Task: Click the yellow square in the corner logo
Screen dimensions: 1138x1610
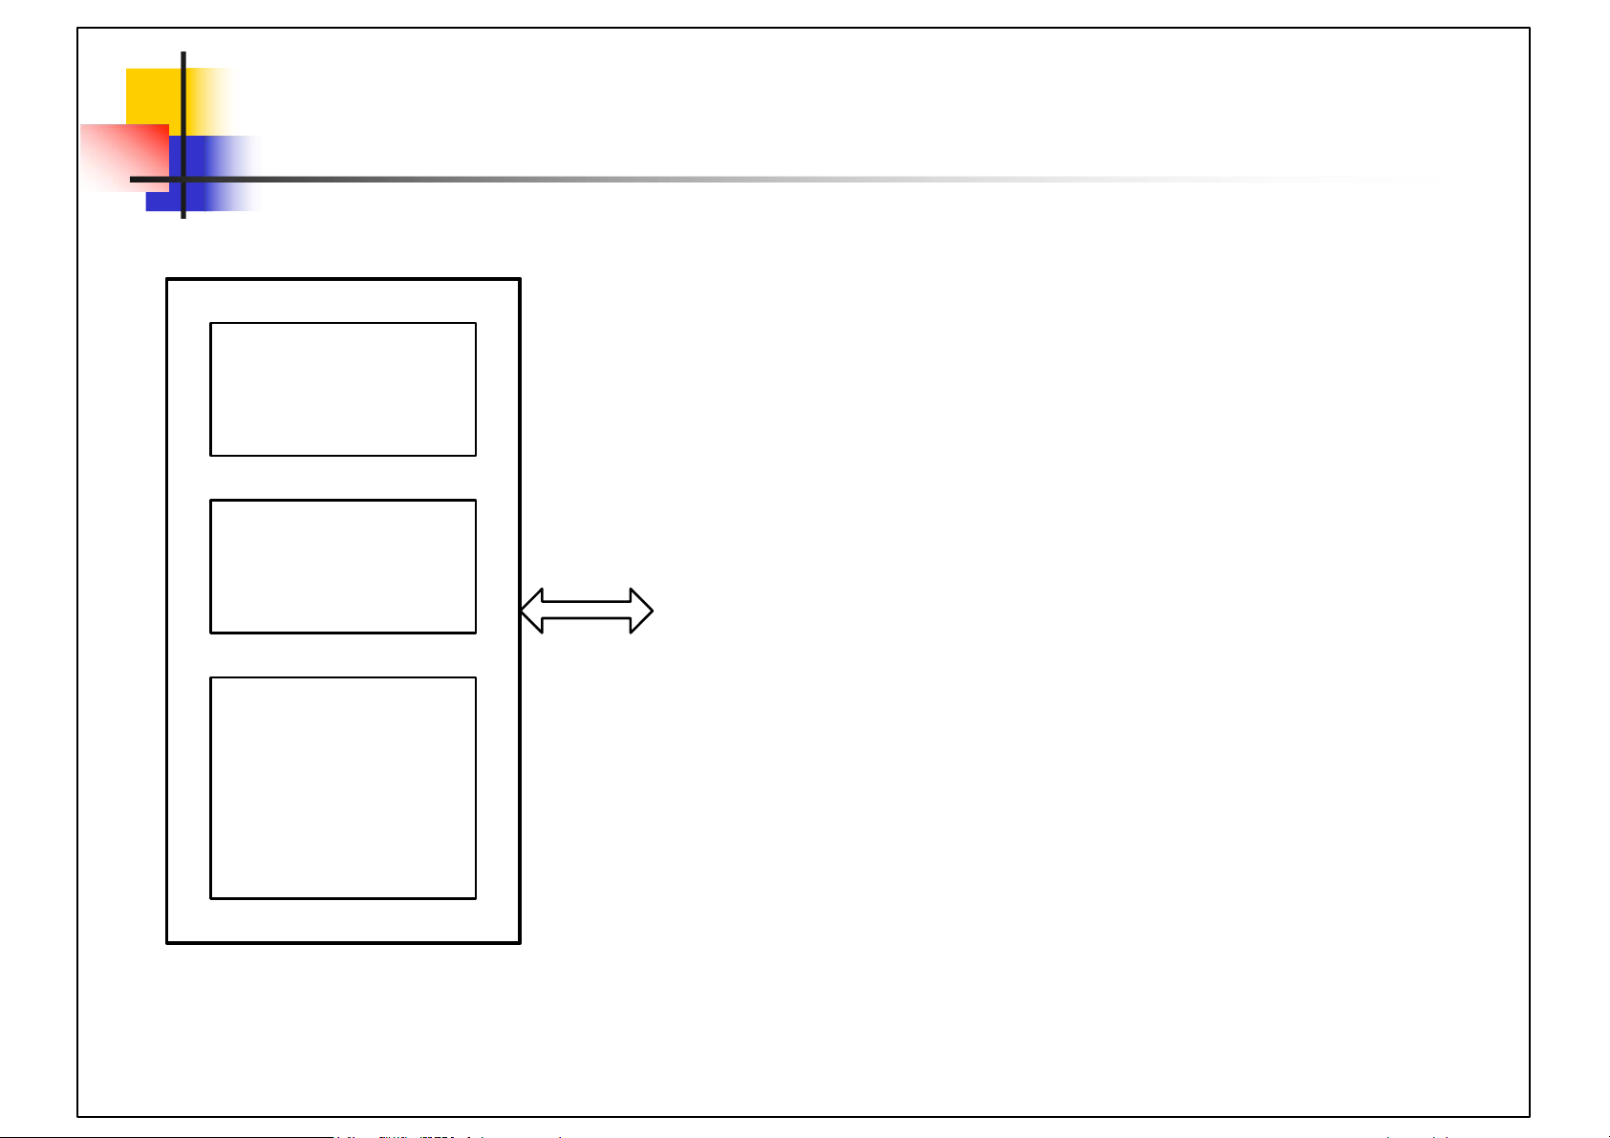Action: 153,96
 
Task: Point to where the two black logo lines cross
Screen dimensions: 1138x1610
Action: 182,179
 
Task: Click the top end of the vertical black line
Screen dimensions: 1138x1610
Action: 182,54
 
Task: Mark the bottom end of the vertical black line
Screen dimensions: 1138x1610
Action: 182,217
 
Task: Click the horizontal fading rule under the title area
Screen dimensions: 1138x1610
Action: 669,179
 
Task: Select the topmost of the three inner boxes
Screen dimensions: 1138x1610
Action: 343,389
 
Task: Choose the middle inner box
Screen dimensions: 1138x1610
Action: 343,566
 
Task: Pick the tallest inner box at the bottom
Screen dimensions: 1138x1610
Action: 343,788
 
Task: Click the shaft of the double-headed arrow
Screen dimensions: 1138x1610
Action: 587,611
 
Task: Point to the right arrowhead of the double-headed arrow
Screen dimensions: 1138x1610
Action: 642,611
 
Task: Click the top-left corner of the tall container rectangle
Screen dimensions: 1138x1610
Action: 167,279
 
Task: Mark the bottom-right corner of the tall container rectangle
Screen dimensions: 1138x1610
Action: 520,943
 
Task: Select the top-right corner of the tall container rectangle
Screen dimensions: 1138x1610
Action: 520,279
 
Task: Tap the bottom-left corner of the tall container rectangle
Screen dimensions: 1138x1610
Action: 167,943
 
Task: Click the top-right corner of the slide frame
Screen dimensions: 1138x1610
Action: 1530,28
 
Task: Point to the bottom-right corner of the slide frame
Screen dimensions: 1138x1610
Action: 1530,1117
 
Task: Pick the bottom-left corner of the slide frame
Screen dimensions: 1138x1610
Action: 77,1117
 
